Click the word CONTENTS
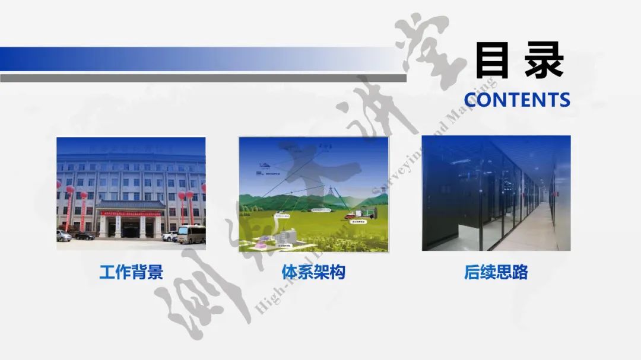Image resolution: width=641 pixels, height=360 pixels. pyautogui.click(x=516, y=100)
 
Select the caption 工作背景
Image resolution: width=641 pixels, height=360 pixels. pyautogui.click(x=131, y=272)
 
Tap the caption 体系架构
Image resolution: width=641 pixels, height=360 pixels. pyautogui.click(x=313, y=272)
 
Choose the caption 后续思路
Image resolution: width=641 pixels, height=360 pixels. pyautogui.click(x=496, y=272)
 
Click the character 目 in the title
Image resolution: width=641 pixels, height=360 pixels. pyautogui.click(x=492, y=60)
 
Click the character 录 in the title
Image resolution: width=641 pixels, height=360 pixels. pyautogui.click(x=544, y=60)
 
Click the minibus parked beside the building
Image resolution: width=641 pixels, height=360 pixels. pyautogui.click(x=191, y=234)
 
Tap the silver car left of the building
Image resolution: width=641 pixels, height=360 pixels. pyautogui.click(x=64, y=236)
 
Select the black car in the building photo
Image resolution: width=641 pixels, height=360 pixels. pyautogui.click(x=84, y=236)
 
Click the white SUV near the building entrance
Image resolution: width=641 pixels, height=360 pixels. pyautogui.click(x=170, y=236)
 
